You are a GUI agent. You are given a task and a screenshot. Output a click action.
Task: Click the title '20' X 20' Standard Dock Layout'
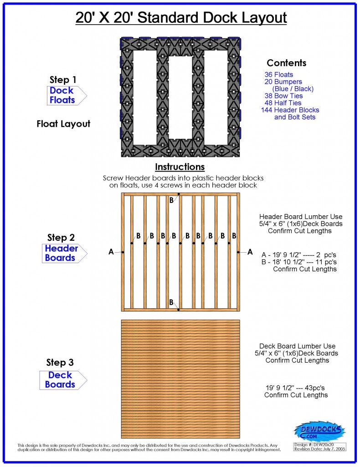(180, 18)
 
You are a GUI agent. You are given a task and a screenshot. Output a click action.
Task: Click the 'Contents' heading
(286, 63)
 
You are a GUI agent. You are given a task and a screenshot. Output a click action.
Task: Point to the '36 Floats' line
(278, 74)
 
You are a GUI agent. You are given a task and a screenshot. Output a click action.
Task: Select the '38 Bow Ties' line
(283, 96)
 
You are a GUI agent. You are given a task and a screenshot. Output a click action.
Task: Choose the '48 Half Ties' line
(284, 103)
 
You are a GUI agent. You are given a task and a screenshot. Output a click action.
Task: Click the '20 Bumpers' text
(283, 82)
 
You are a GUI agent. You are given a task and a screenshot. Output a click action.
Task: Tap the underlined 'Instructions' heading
(180, 167)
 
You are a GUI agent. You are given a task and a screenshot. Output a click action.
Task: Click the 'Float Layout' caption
(63, 124)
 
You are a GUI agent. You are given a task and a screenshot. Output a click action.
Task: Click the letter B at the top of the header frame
(171, 200)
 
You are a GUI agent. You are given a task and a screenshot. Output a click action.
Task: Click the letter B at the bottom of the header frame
(171, 302)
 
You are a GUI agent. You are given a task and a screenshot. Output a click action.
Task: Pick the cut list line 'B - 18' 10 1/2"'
(299, 261)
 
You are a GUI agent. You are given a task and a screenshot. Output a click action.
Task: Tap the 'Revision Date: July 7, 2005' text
(319, 449)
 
